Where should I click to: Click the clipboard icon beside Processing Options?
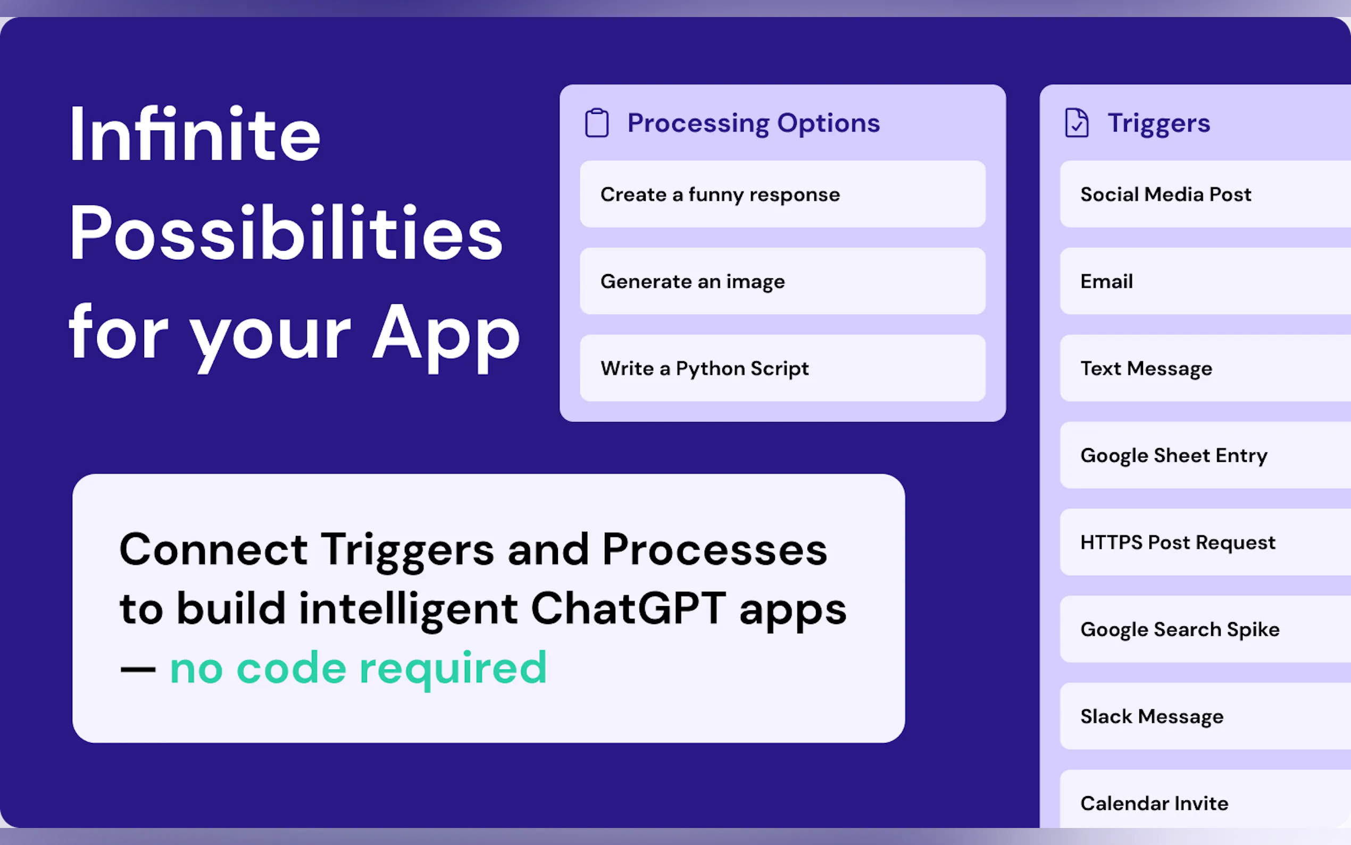coord(596,123)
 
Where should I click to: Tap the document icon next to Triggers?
coord(1076,123)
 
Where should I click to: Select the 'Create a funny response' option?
coord(782,194)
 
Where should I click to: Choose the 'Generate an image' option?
coord(782,281)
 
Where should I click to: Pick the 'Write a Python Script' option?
coord(782,368)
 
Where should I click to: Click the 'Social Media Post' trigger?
coord(1205,194)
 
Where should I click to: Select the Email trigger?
coord(1205,281)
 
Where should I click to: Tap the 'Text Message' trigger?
coord(1205,368)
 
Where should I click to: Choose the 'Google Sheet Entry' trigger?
coord(1205,455)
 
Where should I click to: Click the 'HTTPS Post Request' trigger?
coord(1205,542)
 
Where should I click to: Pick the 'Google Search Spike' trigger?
coord(1205,629)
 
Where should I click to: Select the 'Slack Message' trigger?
coord(1205,716)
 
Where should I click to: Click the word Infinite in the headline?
coord(195,135)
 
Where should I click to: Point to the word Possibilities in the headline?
coord(286,233)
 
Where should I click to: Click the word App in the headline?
coord(446,335)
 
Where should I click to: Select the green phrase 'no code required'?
coord(358,668)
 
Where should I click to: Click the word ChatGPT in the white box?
coord(628,609)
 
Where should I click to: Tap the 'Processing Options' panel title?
coord(753,123)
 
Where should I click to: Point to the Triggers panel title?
coord(1159,123)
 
